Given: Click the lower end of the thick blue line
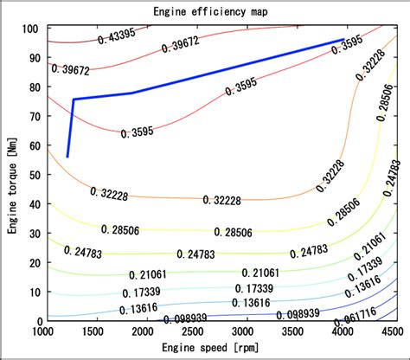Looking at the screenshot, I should (x=67, y=157).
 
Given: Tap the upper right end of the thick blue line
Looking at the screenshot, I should (x=343, y=40).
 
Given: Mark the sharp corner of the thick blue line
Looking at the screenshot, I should (x=74, y=100).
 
